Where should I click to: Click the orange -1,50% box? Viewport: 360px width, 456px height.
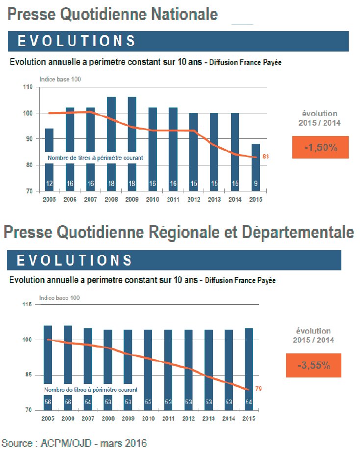[320, 147]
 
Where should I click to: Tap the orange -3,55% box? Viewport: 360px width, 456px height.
[313, 366]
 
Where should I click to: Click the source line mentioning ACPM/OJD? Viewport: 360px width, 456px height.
[74, 444]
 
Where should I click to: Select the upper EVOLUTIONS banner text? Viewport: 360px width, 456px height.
[77, 41]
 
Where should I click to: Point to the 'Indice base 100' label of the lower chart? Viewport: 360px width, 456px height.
[59, 297]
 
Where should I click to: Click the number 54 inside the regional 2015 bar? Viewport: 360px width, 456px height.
[249, 402]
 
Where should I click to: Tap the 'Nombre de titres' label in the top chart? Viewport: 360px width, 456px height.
[95, 158]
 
